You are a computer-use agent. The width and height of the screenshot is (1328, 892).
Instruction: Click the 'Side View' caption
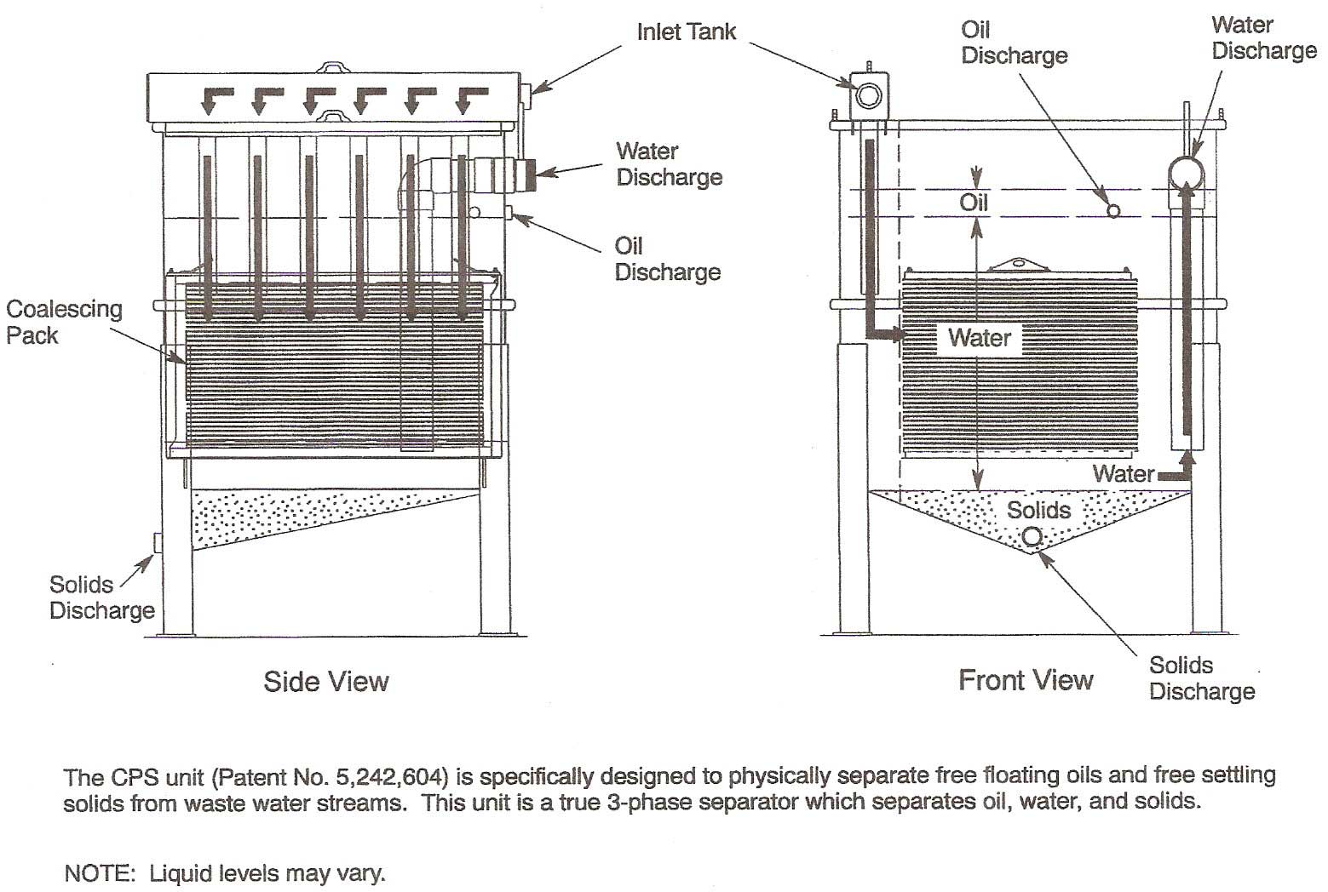coord(326,681)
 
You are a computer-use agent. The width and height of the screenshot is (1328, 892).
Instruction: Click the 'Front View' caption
coord(1026,679)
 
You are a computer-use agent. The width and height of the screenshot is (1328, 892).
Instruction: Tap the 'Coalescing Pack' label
coord(64,322)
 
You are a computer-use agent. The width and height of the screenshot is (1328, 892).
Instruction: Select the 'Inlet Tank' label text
coord(686,32)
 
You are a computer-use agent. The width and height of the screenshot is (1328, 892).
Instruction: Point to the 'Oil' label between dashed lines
coord(974,203)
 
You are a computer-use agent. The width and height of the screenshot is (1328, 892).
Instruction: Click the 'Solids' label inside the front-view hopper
coord(1038,510)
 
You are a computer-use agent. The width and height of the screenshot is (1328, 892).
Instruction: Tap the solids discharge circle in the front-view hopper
coord(1032,536)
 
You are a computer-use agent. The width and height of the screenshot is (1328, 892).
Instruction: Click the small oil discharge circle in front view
coord(1112,209)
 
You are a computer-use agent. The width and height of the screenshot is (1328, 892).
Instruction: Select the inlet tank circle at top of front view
coord(868,94)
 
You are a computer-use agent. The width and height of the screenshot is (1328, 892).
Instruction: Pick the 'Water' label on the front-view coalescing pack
coord(980,338)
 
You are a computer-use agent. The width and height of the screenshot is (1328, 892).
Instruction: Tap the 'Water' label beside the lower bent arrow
coord(1124,473)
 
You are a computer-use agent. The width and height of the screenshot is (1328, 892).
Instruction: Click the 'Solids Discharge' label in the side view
coord(101,598)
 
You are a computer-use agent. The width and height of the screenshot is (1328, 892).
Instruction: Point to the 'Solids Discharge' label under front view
coord(1202,678)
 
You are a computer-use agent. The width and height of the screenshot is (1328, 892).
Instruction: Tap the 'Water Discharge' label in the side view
coord(669,164)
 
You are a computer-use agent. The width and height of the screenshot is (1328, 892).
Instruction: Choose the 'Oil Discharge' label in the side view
coord(667,259)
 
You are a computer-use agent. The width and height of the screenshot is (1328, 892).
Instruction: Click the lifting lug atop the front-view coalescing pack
coord(1019,264)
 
